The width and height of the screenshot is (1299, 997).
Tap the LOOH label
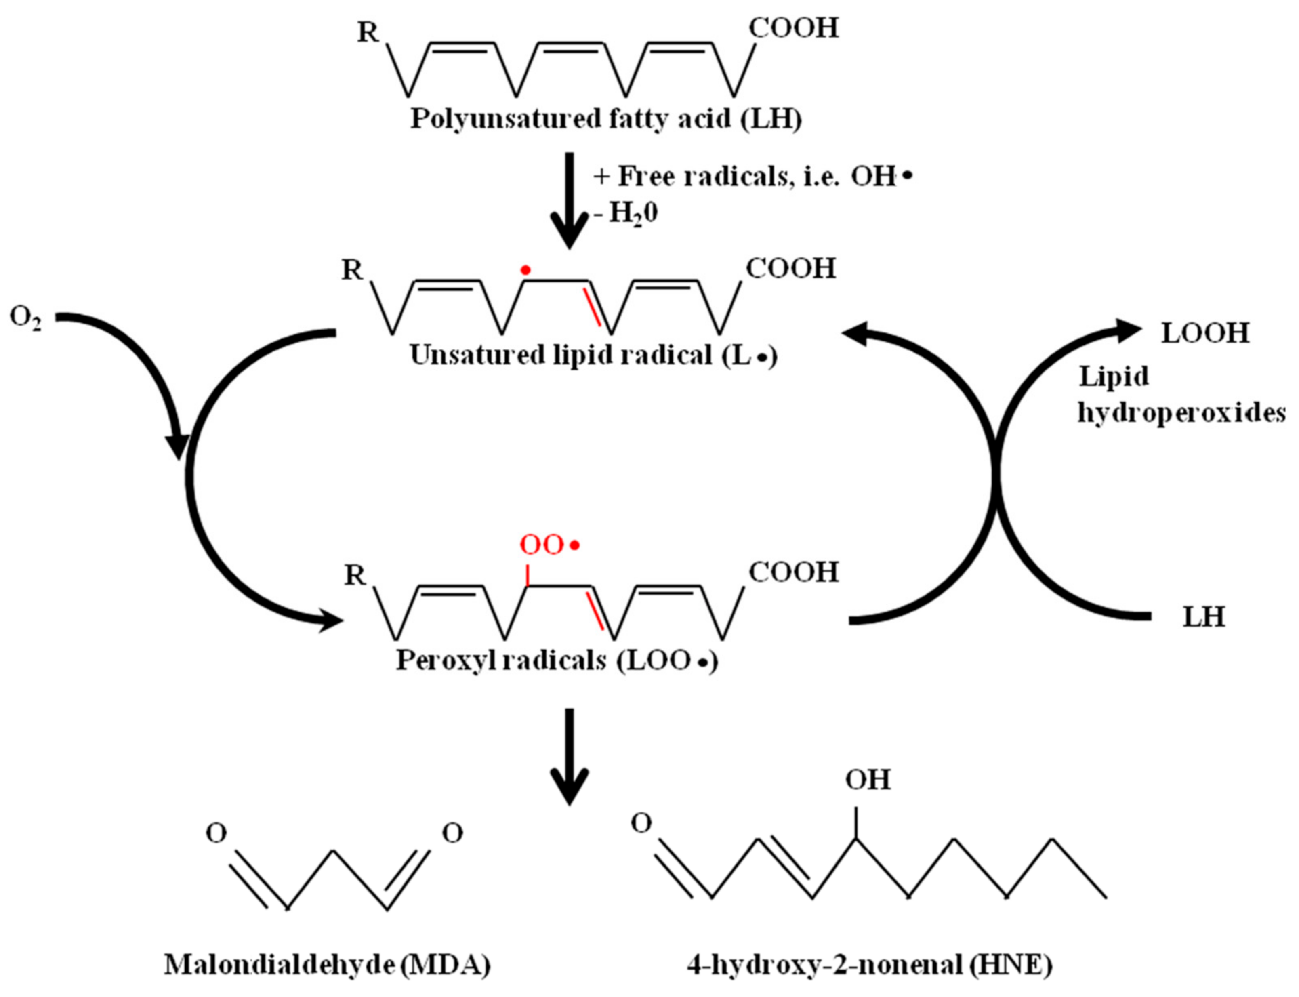[1204, 333]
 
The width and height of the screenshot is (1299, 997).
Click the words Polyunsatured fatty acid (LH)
[606, 119]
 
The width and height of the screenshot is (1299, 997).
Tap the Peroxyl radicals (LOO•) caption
[557, 660]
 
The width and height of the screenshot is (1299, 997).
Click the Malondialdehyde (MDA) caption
[327, 965]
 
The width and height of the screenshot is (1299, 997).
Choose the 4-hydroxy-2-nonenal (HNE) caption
[869, 965]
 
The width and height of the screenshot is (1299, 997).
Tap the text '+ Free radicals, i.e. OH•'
[750, 176]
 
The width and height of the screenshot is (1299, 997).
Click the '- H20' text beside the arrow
[626, 213]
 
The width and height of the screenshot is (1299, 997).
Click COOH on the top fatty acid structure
[793, 28]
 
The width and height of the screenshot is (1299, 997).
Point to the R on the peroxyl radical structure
[355, 575]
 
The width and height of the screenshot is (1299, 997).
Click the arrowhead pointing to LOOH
[1126, 330]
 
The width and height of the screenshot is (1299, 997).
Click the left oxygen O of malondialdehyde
[216, 834]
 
